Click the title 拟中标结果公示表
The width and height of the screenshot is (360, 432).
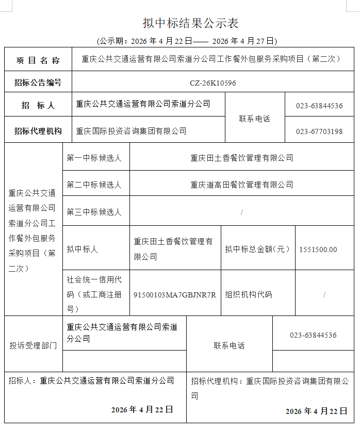190,23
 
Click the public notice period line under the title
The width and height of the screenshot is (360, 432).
187,41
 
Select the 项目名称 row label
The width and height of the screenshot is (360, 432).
38,60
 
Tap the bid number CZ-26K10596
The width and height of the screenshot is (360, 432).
212,83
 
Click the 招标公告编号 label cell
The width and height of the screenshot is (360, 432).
38,82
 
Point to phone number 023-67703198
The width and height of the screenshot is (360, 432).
319,131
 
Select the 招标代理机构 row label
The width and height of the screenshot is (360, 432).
38,131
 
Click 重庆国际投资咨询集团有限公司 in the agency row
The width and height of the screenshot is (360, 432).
131,131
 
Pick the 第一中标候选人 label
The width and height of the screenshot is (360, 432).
94,158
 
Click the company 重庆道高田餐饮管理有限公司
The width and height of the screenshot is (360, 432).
241,185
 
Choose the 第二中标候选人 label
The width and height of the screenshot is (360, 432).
94,185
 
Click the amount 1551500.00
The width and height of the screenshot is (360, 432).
318,250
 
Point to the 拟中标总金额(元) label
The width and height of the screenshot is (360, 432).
257,250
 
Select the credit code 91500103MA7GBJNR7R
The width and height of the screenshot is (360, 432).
174,295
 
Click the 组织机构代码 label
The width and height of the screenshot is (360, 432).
248,295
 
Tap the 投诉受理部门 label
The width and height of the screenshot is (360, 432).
33,345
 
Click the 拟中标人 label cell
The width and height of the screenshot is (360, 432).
82,250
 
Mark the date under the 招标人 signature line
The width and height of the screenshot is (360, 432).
142,410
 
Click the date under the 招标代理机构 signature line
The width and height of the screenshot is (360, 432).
316,411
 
